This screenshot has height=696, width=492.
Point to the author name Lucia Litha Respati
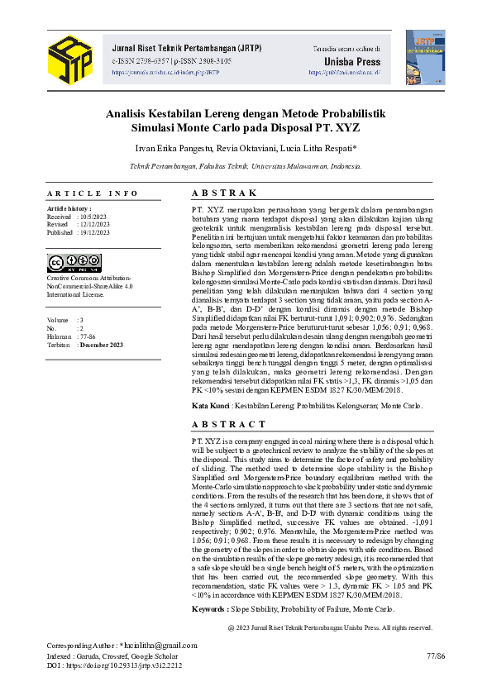click(318, 149)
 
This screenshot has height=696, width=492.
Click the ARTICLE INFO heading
click(93, 193)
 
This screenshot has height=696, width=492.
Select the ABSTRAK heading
click(224, 193)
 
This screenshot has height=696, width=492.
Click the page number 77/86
click(435, 654)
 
